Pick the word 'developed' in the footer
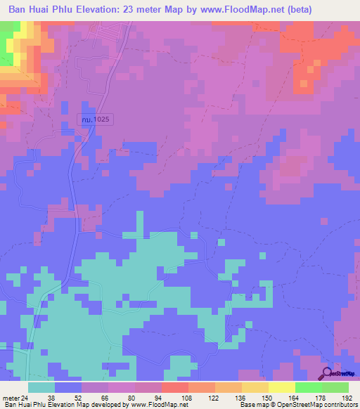coord(104,405)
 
